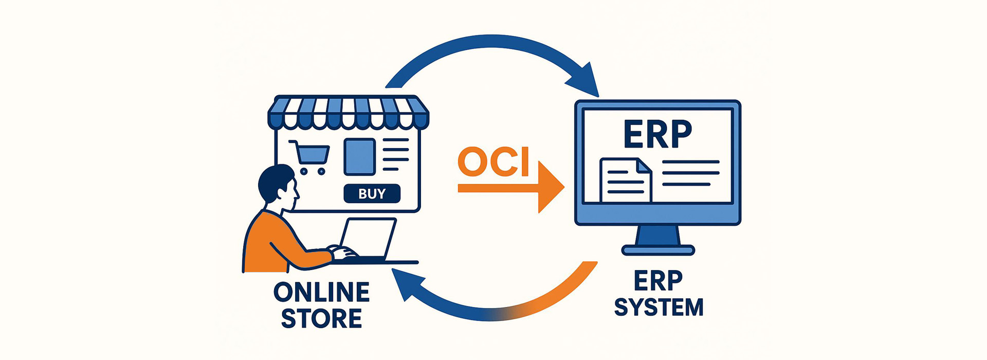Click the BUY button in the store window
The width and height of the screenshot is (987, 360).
372,194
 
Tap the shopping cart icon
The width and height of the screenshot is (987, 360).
310,156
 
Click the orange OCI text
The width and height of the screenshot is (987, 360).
493,162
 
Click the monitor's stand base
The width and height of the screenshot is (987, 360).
658,250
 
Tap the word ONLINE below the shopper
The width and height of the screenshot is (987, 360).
321,293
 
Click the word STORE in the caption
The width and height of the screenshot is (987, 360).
321,319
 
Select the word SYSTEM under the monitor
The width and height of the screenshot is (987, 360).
659,308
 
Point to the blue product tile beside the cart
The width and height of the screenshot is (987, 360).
359,157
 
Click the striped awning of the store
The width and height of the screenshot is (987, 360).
348,112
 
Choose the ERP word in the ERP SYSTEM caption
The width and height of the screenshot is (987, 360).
658,281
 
